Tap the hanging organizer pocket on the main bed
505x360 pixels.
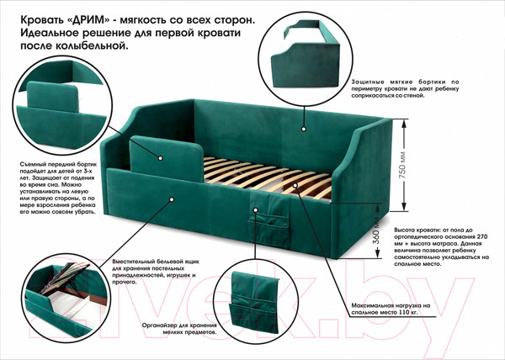tap(267, 219)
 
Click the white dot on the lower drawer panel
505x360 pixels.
tap(172, 199)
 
